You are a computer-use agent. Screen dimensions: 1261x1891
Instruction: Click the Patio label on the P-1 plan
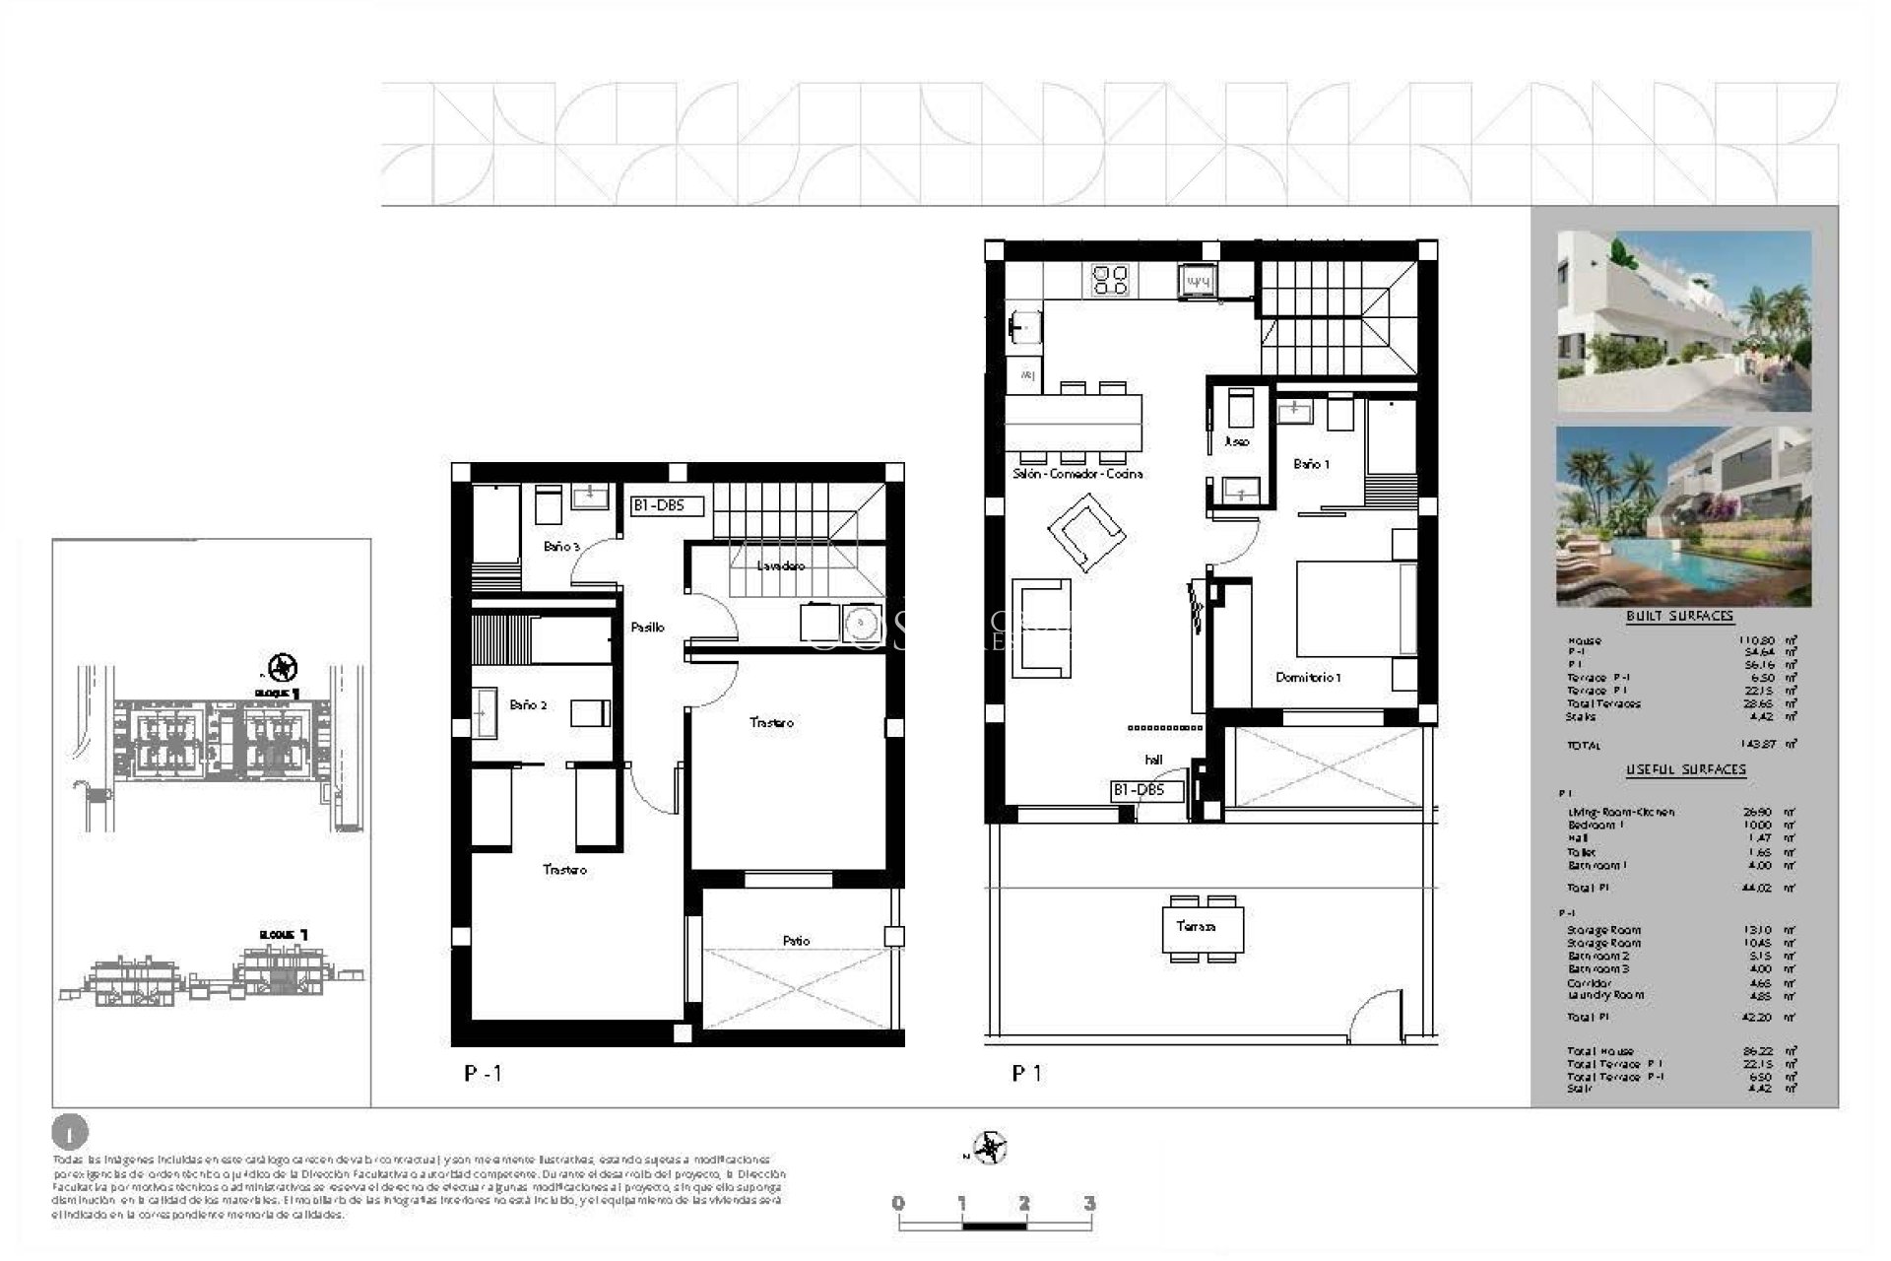(796, 941)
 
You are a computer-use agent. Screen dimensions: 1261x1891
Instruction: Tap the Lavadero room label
(781, 566)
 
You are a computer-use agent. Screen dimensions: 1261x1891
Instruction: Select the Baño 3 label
(561, 547)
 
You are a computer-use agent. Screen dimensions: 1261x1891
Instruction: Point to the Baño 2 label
(528, 705)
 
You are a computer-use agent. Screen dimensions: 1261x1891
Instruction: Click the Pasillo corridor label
(647, 628)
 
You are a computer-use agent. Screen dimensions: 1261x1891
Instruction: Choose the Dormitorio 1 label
(1308, 678)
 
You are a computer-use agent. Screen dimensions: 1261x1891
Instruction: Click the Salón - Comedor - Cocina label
(1077, 475)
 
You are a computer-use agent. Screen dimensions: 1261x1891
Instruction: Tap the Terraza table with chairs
(1203, 928)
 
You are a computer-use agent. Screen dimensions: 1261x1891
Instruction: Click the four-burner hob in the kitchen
(1111, 280)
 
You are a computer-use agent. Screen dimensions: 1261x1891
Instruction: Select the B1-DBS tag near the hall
(1146, 790)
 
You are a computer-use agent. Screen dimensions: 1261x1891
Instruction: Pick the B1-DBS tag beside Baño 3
(668, 507)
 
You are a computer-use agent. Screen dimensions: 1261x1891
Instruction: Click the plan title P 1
(1026, 1074)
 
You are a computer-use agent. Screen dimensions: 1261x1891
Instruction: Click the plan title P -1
(483, 1074)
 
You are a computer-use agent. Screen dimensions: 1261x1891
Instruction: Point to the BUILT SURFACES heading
(1679, 617)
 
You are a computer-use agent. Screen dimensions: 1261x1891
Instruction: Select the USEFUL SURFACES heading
(1685, 769)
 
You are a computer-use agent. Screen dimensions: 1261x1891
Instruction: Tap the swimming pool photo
(1683, 516)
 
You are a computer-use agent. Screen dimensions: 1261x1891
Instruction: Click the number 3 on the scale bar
(1089, 1204)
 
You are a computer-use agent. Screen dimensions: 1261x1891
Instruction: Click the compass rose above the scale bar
(988, 1148)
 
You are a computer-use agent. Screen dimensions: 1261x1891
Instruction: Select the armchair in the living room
(1087, 532)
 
